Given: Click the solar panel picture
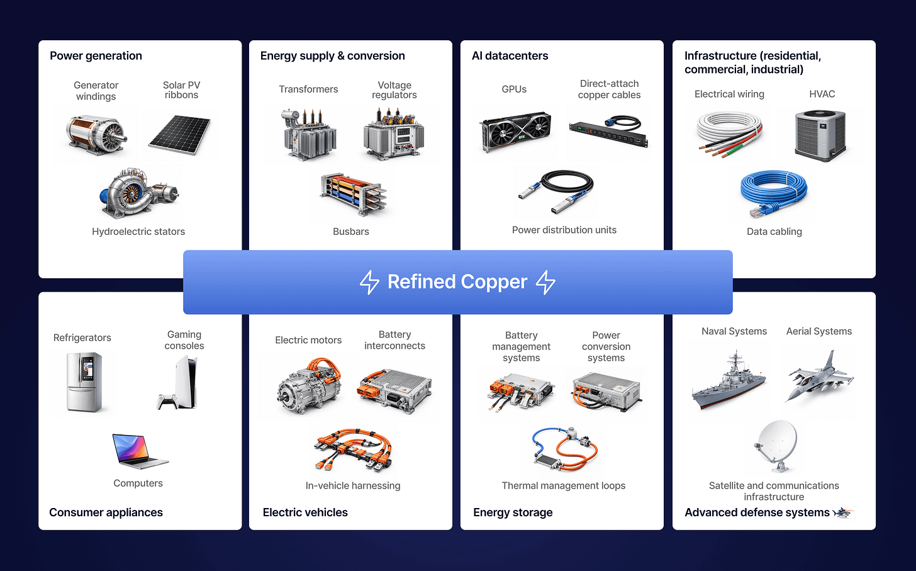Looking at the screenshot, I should [180, 134].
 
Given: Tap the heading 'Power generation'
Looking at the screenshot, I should [96, 56].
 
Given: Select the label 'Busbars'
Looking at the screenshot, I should [350, 232].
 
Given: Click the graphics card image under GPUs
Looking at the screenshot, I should [515, 132].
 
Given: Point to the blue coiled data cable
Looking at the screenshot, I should [774, 193].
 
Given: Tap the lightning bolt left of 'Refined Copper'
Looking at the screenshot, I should [369, 282].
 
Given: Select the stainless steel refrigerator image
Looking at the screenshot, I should [84, 382].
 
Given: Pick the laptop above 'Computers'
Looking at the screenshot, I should [139, 451].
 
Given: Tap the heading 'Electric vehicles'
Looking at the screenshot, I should [305, 512].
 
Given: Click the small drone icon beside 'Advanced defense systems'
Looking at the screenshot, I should [842, 513].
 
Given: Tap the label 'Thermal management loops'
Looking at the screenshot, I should [563, 486].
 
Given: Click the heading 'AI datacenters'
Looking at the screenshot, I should [510, 56].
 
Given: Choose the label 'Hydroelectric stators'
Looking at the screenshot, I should [138, 232].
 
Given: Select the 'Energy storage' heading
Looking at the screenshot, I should [513, 512].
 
